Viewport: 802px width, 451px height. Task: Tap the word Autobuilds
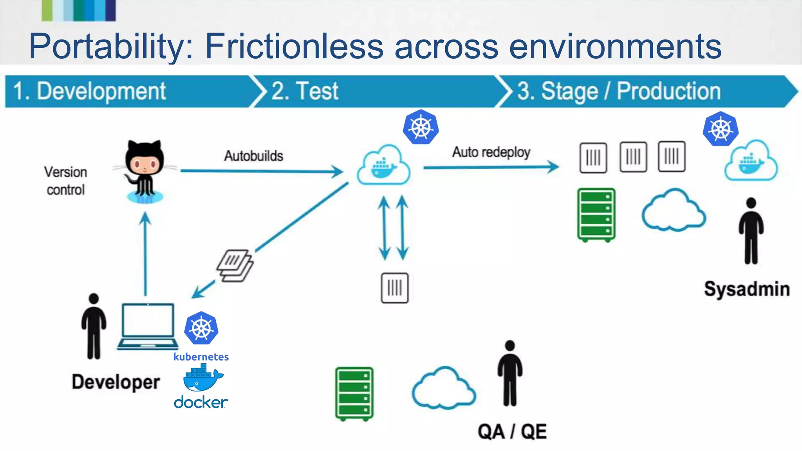coord(253,156)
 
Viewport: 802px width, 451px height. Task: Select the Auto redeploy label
coord(491,152)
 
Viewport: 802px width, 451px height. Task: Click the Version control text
coord(65,181)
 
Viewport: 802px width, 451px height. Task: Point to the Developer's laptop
coord(148,326)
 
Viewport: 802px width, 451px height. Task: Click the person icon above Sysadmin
coord(751,231)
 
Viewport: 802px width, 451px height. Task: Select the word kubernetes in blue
coord(201,357)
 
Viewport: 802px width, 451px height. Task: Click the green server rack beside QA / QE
coord(354,393)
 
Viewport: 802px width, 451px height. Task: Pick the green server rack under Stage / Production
coord(596,215)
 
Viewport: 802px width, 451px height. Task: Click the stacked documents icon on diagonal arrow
coord(235,266)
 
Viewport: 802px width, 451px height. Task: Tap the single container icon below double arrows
coord(395,288)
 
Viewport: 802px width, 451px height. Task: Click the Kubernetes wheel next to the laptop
coord(201,328)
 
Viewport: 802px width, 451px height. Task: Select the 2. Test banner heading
coord(305,91)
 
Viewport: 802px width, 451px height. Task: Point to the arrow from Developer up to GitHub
coord(145,254)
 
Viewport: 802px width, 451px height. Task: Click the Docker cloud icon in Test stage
coord(383,165)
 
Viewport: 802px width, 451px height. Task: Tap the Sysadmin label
coord(746,289)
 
